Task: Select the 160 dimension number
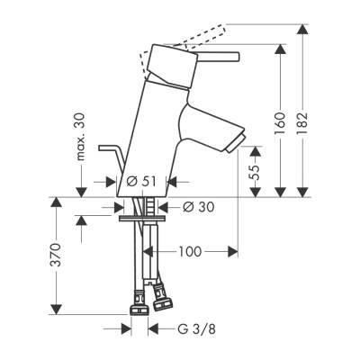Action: pos(281,121)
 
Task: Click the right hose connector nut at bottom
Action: pos(164,292)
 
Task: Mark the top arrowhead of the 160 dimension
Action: pos(280,57)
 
